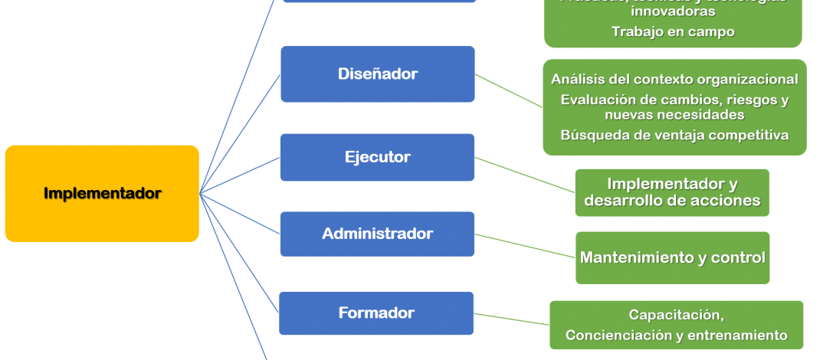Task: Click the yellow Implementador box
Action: click(x=102, y=194)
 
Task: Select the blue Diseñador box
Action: click(x=377, y=74)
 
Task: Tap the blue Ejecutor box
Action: click(x=377, y=157)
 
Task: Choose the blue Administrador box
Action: click(x=377, y=234)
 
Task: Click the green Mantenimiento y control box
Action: click(x=672, y=257)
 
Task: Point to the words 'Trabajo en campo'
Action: click(x=673, y=31)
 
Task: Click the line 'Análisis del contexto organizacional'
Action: click(x=674, y=79)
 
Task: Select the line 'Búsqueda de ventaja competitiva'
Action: click(x=674, y=135)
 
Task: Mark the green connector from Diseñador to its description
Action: click(x=509, y=90)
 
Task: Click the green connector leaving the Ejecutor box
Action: click(x=525, y=175)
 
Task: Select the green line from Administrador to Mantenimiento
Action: click(x=525, y=245)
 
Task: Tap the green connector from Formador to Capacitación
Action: click(x=512, y=319)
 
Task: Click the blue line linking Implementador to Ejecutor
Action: click(x=239, y=175)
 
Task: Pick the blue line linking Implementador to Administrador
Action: click(x=239, y=213)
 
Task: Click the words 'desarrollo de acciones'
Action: click(x=672, y=201)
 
